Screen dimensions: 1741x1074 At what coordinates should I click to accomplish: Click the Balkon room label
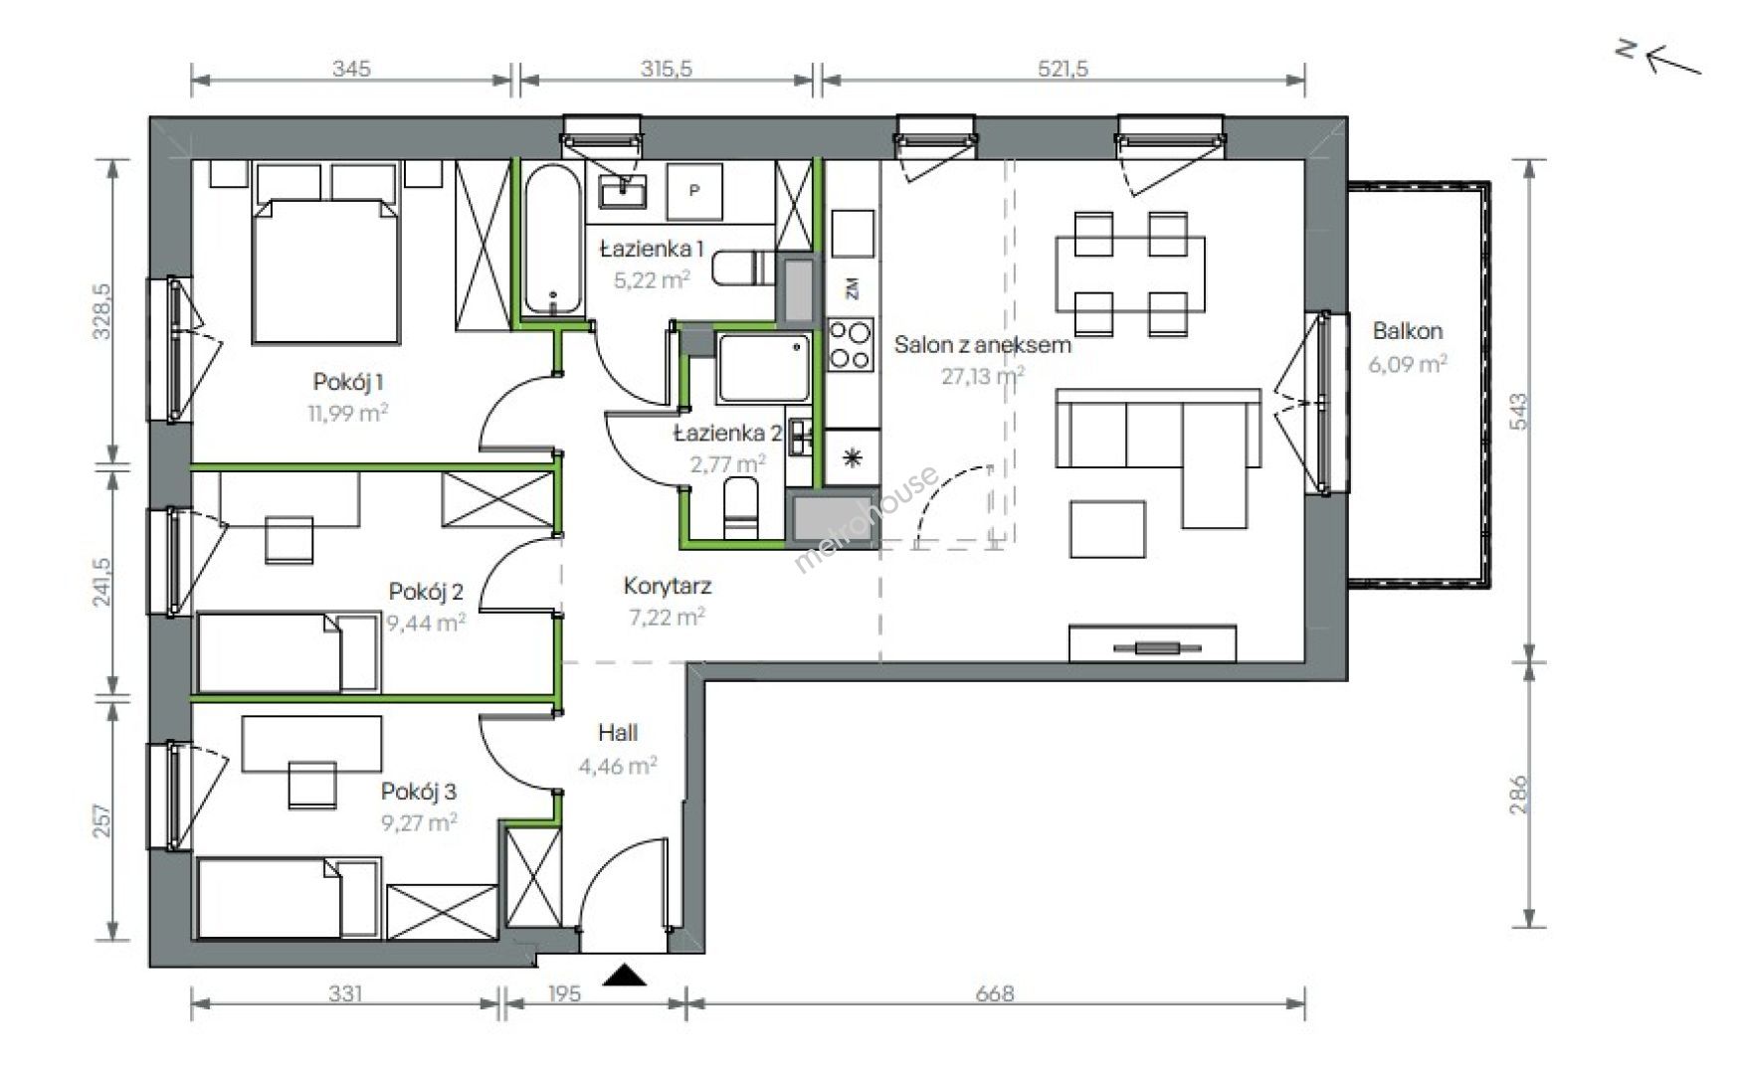pos(1407,331)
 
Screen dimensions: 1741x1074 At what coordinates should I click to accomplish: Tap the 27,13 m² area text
pos(982,376)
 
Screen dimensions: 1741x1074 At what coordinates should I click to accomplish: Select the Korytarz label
pos(668,587)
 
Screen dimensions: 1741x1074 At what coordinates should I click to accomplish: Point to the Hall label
pos(618,733)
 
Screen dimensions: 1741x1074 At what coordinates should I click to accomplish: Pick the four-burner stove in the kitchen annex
pos(851,344)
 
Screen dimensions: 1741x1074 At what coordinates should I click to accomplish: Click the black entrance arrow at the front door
pos(624,975)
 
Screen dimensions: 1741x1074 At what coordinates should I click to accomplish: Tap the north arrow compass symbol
pos(1658,60)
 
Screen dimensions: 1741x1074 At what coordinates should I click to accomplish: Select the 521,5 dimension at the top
pos(1063,69)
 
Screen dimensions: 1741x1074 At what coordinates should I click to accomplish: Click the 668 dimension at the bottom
pos(995,992)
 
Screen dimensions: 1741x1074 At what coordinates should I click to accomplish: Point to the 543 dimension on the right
pos(1518,411)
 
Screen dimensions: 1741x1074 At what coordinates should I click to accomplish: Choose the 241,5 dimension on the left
pos(102,582)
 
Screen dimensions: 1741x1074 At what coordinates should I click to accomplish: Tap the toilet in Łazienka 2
pos(740,508)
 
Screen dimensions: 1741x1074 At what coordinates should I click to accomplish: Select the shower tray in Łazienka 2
pos(763,368)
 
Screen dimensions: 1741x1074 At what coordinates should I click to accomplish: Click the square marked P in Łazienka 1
pos(694,190)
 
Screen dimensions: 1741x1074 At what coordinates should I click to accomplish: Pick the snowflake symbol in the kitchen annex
pos(852,457)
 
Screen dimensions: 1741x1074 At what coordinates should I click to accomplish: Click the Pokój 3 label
pos(419,792)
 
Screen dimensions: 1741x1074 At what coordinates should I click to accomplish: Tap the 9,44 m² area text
pos(426,624)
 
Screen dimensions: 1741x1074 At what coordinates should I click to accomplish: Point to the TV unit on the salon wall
pos(1153,643)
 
